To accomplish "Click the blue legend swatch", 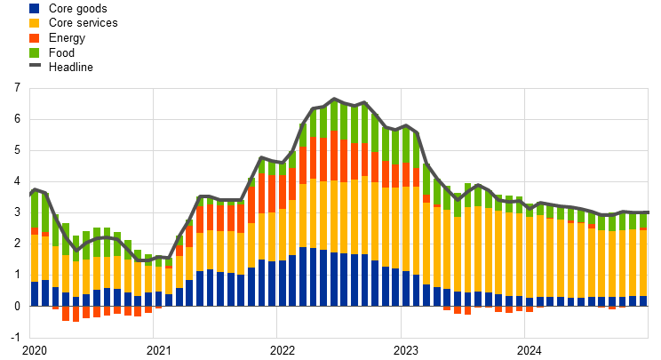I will click(x=34, y=8).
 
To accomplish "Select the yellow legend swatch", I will click(x=34, y=23).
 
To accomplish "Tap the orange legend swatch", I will click(x=34, y=38).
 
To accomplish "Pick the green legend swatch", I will click(x=34, y=53).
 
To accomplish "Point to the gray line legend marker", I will click(x=35, y=65).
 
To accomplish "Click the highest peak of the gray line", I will click(x=334, y=99).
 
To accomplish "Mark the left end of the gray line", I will click(x=31, y=192).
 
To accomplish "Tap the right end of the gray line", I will click(x=647, y=213).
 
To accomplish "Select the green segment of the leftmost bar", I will click(x=35, y=210).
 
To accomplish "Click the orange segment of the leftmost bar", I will click(x=35, y=231).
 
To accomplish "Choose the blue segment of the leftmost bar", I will click(x=35, y=293).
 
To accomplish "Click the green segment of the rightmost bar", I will click(x=643, y=220).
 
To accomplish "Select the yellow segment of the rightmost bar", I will click(x=643, y=263).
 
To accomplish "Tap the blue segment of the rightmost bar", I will click(x=643, y=300).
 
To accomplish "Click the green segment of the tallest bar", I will click(x=334, y=116).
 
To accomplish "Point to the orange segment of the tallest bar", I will click(x=334, y=156).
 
